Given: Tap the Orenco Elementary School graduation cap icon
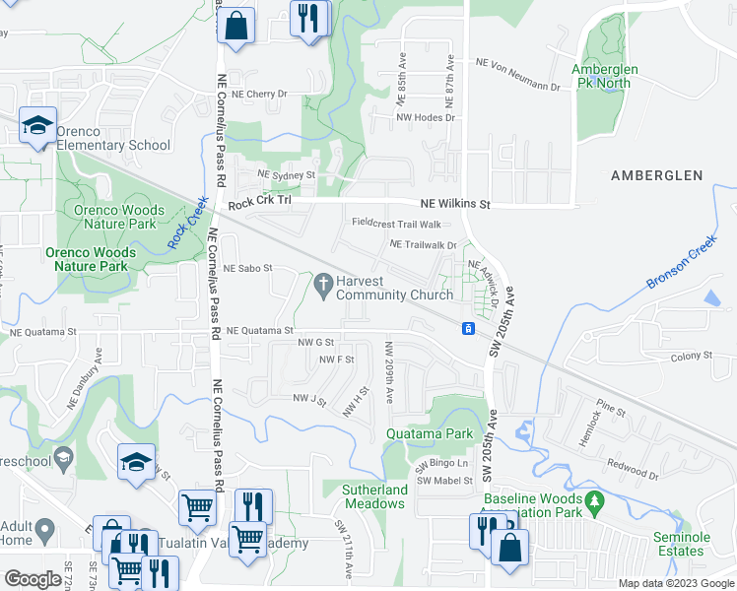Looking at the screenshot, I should [x=37, y=126].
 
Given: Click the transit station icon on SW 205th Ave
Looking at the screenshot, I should [x=470, y=328].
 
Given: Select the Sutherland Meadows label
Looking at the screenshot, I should [x=374, y=496].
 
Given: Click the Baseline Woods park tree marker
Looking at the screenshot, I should [x=593, y=502].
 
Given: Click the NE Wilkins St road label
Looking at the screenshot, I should [x=455, y=204].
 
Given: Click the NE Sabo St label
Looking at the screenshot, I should [x=246, y=268].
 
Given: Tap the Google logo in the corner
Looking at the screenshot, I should [x=32, y=579].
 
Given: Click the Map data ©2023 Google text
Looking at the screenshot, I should [x=676, y=583].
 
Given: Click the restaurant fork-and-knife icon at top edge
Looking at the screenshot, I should [x=308, y=20].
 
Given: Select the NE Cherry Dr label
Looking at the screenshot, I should [x=259, y=95].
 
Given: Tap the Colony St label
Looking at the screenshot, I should [x=691, y=357].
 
